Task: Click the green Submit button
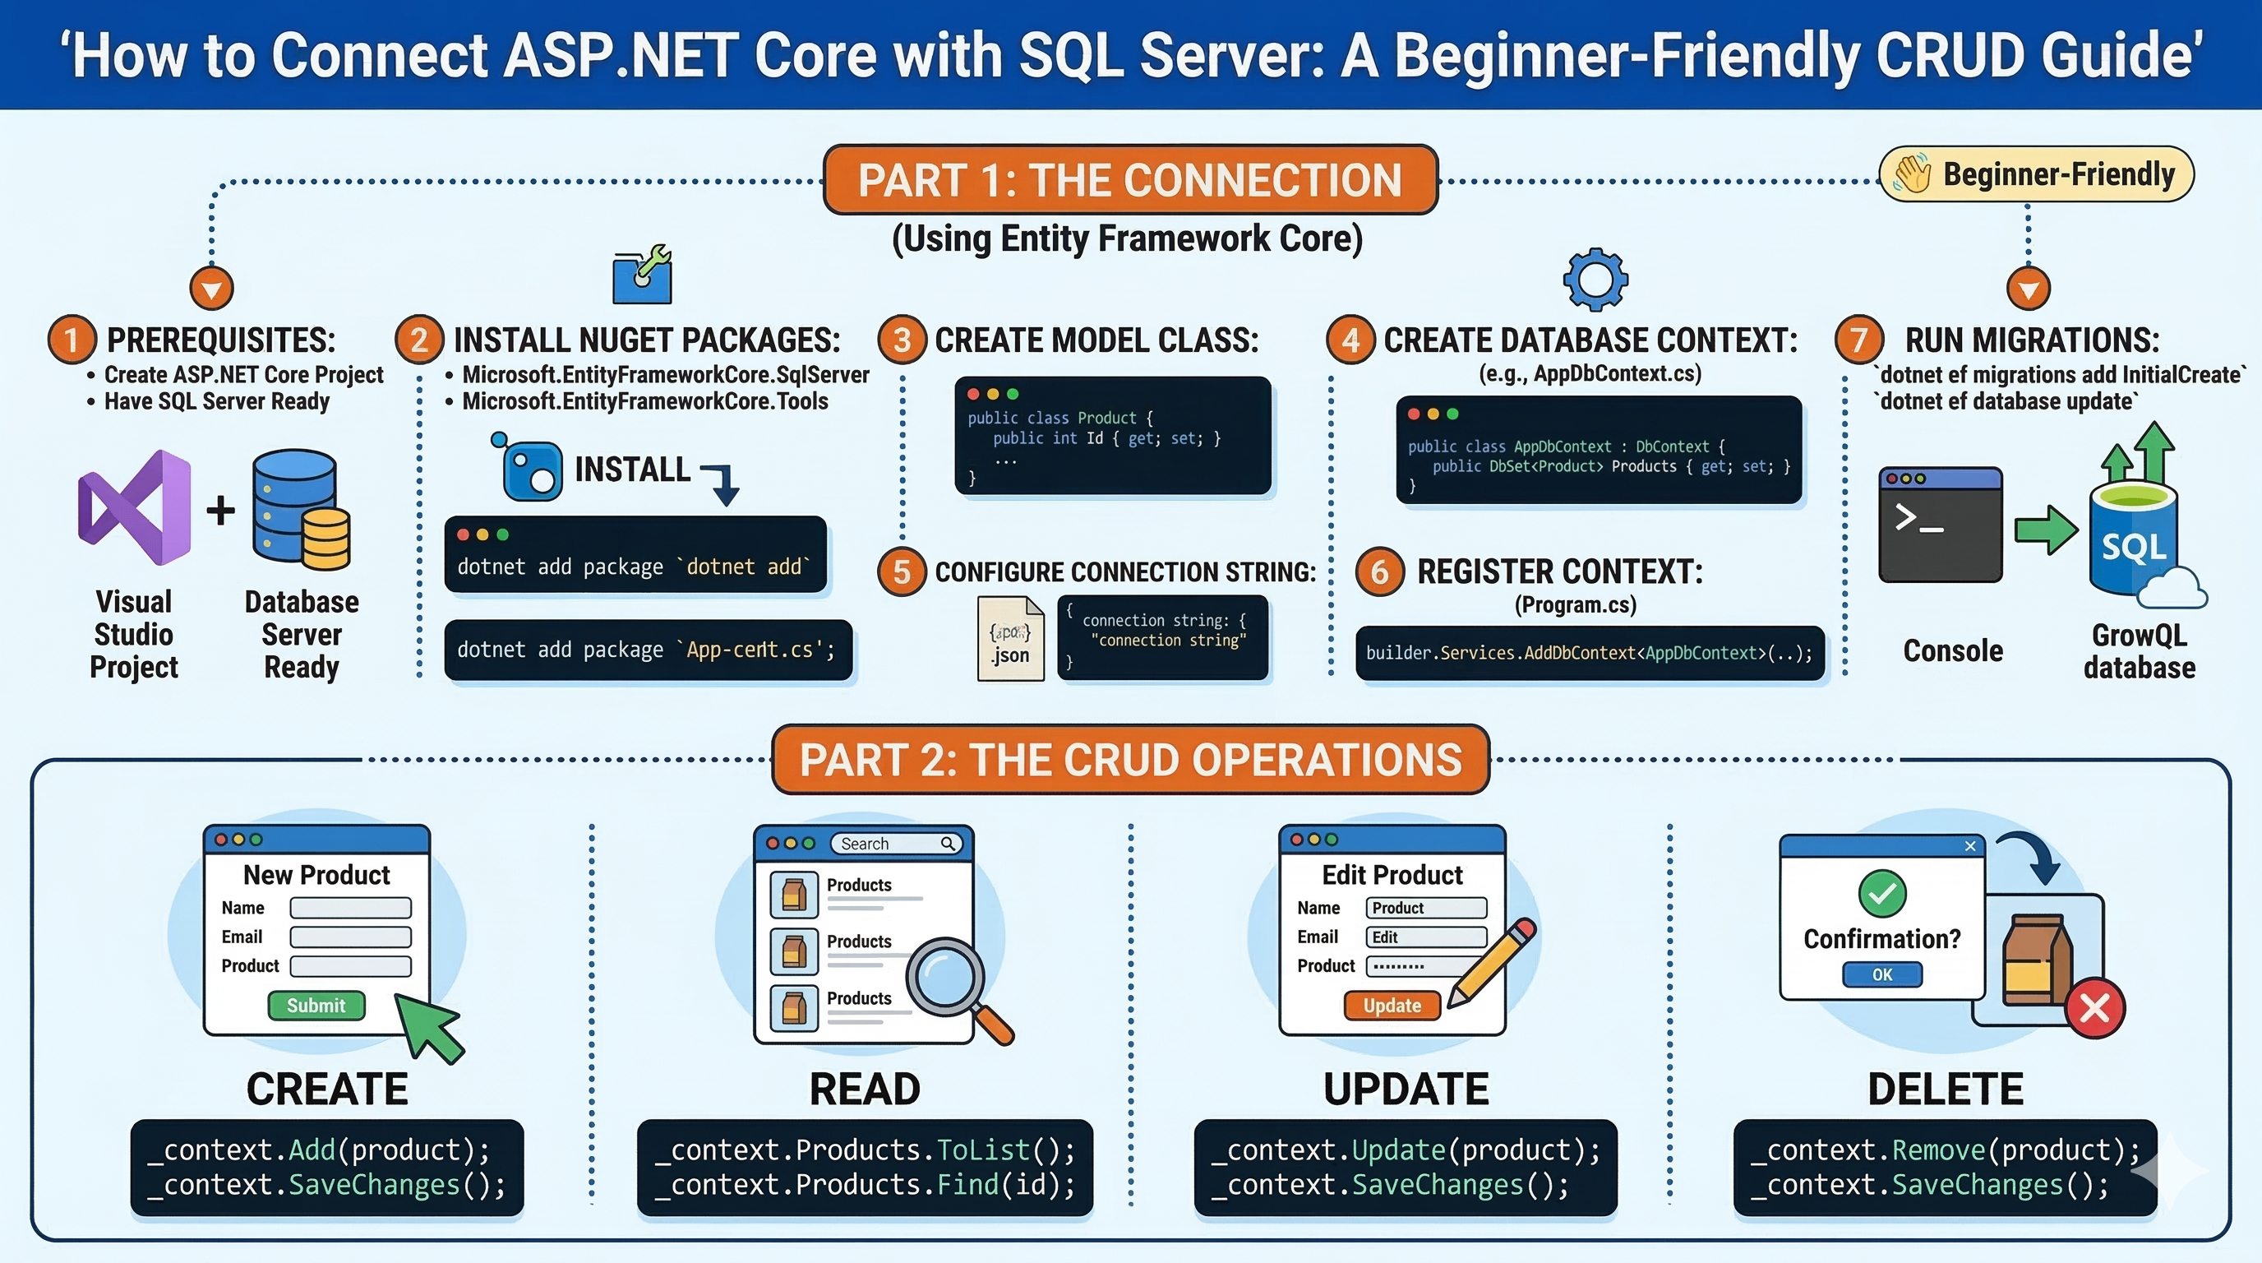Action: coord(316,1005)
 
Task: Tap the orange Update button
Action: coord(1392,1005)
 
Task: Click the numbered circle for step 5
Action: coord(902,571)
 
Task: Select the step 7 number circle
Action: coord(1859,339)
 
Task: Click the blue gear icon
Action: coord(1595,280)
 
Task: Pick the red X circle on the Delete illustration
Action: coord(2095,1007)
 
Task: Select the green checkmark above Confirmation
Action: coord(1881,893)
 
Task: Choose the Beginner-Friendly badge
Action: coord(2036,173)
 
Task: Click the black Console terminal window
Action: coord(1941,525)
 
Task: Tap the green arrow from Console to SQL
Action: coord(2046,530)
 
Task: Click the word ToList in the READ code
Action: coord(982,1150)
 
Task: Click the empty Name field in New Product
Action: coord(350,907)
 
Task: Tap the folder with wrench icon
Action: coord(643,275)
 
